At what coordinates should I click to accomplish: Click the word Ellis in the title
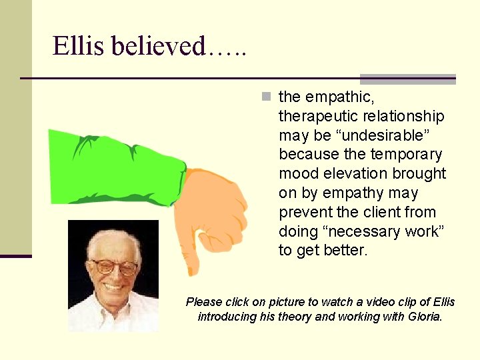(x=78, y=46)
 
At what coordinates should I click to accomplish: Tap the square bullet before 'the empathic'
(x=267, y=97)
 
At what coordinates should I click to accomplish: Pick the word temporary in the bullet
(x=406, y=155)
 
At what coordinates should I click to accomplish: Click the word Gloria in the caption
(x=423, y=317)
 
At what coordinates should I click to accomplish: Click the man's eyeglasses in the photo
(x=113, y=267)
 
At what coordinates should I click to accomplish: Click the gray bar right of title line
(x=407, y=79)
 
